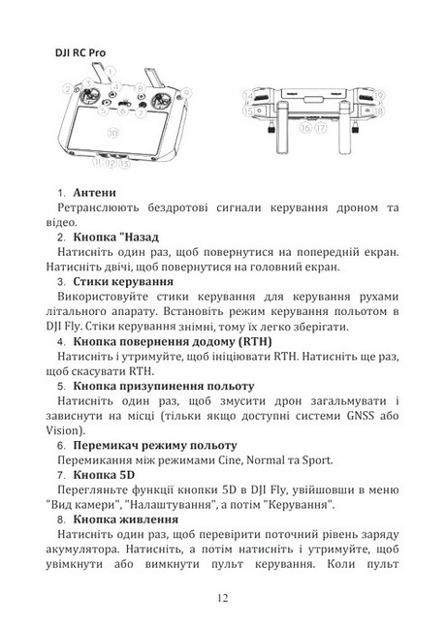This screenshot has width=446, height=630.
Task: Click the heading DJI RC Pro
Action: [x=80, y=52]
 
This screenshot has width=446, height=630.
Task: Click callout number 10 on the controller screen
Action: [x=112, y=133]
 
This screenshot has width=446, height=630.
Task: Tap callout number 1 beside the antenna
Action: [x=110, y=73]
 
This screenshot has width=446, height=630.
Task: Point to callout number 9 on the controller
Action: [x=186, y=92]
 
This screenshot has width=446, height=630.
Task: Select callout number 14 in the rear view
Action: [x=248, y=96]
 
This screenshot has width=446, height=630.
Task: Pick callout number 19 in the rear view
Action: [x=378, y=96]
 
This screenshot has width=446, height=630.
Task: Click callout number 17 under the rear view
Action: [x=320, y=128]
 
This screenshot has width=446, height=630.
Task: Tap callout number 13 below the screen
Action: [x=124, y=163]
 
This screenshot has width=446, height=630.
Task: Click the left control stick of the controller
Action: [x=89, y=97]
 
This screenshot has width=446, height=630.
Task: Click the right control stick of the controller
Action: [x=160, y=99]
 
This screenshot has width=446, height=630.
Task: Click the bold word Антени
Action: [x=94, y=193]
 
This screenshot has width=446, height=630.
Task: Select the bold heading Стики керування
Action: [x=123, y=281]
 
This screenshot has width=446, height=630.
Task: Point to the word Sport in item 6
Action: [x=317, y=460]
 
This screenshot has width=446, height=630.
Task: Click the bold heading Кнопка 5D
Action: [x=104, y=475]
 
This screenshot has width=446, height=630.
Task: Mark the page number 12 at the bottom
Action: [x=223, y=598]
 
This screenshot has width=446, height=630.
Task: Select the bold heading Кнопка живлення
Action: [x=126, y=520]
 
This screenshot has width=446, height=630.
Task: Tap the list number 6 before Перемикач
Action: [x=61, y=446]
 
